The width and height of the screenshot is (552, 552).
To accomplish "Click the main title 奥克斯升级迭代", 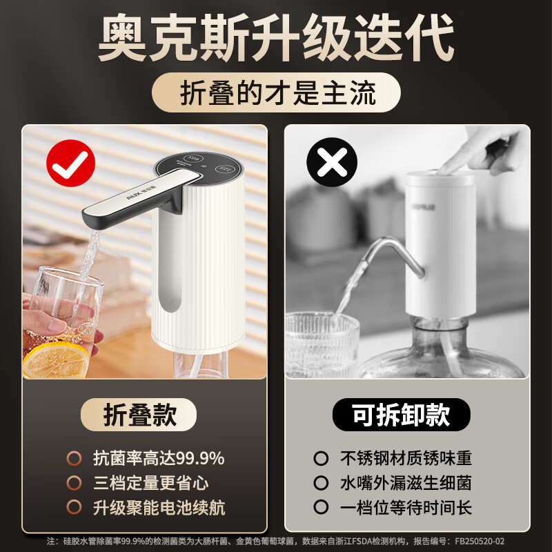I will click(276, 39).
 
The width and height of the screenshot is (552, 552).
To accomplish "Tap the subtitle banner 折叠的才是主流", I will click(276, 94).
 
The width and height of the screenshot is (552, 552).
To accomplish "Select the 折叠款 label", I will click(140, 415).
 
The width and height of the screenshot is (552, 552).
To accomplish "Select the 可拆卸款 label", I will click(401, 415).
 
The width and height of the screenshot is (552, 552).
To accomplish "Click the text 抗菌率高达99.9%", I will click(158, 458).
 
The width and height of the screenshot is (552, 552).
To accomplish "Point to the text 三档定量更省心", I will click(150, 483).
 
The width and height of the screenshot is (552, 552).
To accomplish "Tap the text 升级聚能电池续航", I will click(158, 508).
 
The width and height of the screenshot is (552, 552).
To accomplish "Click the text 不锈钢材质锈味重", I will click(405, 458).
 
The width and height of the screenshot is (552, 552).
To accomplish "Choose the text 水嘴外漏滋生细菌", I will click(405, 483).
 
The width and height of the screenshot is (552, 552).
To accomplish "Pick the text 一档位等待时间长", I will click(405, 508).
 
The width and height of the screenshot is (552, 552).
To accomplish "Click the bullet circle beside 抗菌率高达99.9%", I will click(74, 458).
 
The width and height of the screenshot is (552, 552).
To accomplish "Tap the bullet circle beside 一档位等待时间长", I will click(320, 508).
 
